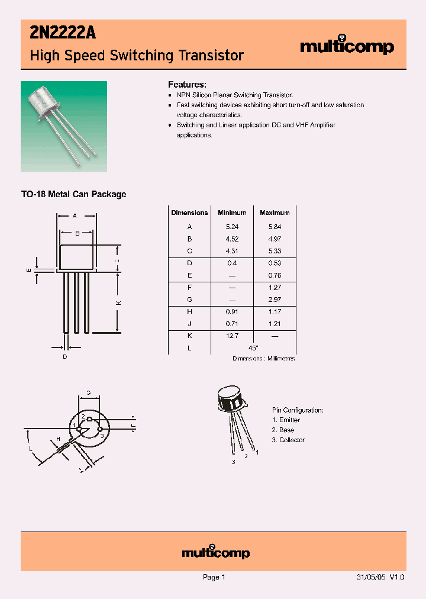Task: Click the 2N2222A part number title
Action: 62,34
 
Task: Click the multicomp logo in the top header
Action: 347,47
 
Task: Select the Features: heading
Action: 187,85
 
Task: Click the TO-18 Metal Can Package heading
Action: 73,194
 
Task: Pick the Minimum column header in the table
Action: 232,212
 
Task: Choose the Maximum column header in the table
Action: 275,212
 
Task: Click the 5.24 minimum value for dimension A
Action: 232,227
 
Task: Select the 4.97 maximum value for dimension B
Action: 275,239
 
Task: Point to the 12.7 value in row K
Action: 232,336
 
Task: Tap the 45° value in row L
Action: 253,348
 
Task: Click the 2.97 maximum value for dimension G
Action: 275,299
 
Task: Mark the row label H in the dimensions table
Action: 189,311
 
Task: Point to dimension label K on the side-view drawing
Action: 118,302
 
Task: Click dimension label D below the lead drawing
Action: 65,356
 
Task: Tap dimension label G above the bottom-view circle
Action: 88,392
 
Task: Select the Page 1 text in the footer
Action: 214,577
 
